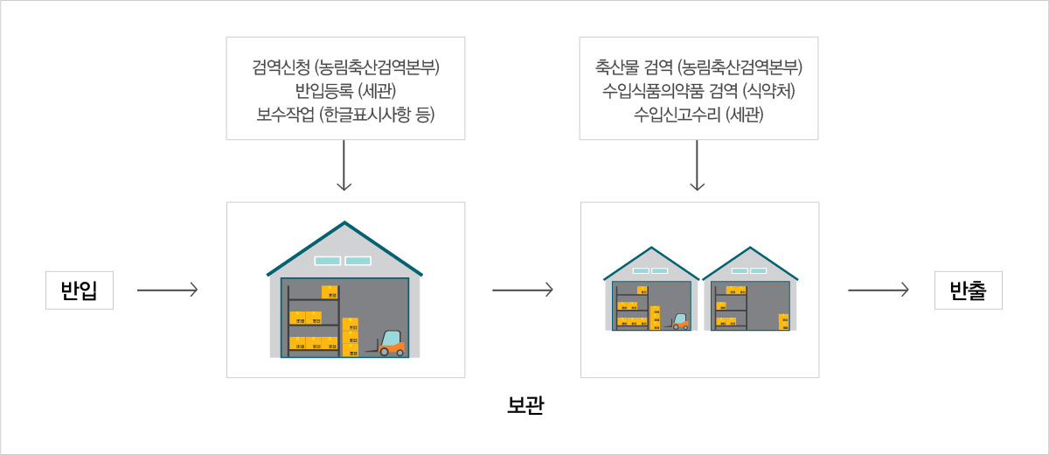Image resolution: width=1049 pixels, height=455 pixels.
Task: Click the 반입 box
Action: (x=80, y=290)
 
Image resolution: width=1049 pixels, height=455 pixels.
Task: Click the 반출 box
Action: (x=968, y=290)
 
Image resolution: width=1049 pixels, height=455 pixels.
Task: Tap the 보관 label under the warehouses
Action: (x=525, y=405)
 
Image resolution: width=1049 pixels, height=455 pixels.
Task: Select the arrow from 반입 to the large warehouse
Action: (x=167, y=290)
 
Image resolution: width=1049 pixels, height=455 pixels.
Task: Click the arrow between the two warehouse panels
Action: (x=523, y=290)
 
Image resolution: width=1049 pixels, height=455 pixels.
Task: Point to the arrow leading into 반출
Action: (x=879, y=290)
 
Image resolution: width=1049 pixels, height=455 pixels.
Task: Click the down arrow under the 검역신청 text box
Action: (x=344, y=165)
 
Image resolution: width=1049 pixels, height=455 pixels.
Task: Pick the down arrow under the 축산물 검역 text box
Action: (x=698, y=165)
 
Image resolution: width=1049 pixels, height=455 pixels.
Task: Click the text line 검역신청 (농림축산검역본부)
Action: (x=345, y=67)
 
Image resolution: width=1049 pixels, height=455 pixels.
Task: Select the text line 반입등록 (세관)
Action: (x=345, y=90)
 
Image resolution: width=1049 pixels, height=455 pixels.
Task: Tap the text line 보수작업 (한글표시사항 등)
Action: (x=345, y=114)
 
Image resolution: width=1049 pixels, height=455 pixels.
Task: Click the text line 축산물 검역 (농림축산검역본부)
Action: (x=698, y=67)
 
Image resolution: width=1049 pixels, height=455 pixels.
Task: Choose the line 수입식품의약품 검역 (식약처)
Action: (x=698, y=90)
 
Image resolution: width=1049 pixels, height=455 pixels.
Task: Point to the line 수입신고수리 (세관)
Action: (x=698, y=114)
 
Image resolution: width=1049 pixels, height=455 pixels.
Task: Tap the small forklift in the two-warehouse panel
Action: (x=679, y=321)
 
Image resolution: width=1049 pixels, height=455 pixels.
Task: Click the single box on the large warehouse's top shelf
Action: (x=330, y=292)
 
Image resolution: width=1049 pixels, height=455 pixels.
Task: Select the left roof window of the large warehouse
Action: (x=327, y=261)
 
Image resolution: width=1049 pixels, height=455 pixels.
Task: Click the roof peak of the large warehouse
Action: (x=344, y=222)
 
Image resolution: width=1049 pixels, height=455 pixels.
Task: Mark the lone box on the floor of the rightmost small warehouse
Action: (x=783, y=321)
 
